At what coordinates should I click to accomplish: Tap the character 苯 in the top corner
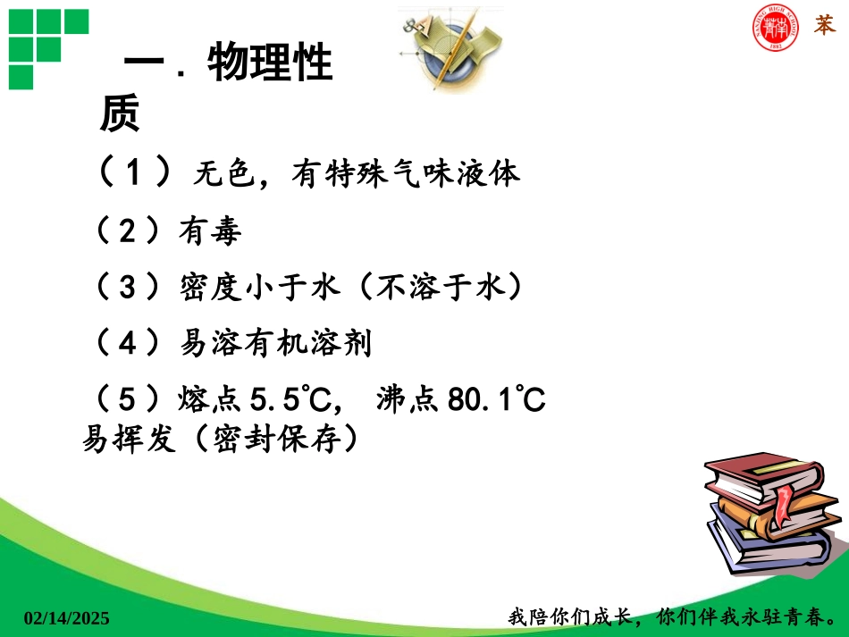pos(824,26)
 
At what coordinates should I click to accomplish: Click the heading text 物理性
pos(270,64)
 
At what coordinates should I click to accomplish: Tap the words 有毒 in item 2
pos(210,232)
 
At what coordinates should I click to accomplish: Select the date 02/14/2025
pos(66,617)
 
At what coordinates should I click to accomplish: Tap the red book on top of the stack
pos(751,478)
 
